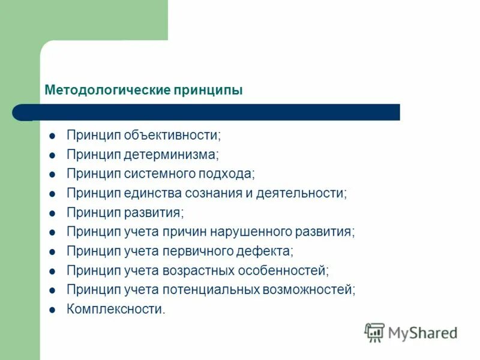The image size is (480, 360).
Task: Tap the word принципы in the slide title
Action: (208, 91)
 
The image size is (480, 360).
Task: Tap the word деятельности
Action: (301, 193)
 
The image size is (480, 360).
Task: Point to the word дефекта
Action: (267, 251)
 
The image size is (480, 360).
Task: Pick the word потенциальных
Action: (210, 290)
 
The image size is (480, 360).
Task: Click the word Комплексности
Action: (115, 310)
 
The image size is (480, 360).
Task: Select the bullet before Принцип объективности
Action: (52, 136)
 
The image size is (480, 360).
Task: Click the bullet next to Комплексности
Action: (52, 310)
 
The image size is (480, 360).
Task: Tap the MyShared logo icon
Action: (374, 332)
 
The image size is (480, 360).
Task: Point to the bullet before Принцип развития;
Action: (52, 213)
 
